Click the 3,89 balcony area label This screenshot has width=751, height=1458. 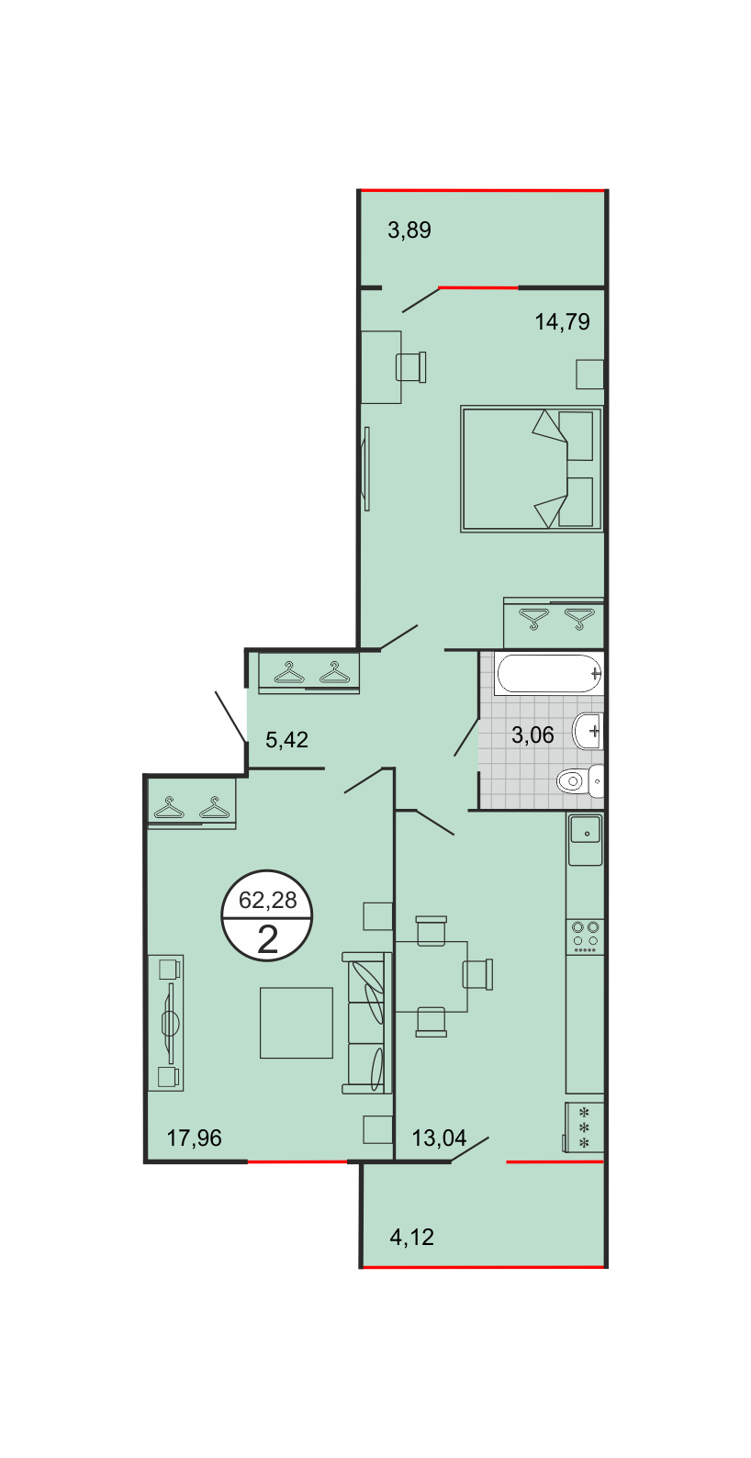409,230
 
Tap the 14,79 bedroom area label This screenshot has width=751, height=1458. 562,321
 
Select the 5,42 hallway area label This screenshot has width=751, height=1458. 287,739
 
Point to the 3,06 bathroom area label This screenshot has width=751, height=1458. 532,735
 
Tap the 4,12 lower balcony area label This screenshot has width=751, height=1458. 412,1236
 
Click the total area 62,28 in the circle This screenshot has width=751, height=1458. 267,900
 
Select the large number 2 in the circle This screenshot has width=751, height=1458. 267,938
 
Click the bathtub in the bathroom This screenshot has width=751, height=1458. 549,674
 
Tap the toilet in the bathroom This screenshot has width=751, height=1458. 580,780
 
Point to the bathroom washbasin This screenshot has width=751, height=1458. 588,731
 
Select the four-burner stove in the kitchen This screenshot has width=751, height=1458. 585,937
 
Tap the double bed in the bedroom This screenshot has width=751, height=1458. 532,469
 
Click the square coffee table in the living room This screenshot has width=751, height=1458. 297,1023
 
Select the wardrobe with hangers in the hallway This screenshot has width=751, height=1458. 309,672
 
